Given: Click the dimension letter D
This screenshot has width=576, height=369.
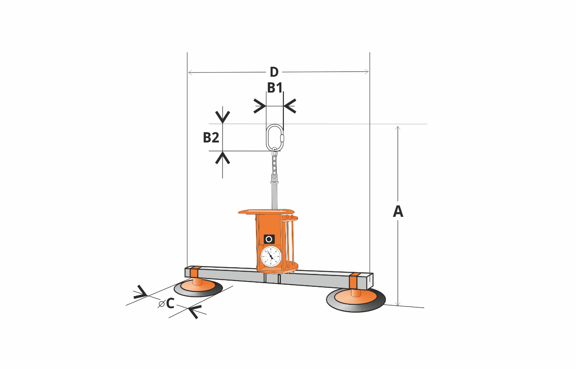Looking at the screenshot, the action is pyautogui.click(x=274, y=72).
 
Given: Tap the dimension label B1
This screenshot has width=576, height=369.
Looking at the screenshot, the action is pyautogui.click(x=275, y=88).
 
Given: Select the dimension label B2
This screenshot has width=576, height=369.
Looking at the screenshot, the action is pyautogui.click(x=211, y=138).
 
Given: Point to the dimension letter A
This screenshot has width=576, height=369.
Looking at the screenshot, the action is pyautogui.click(x=398, y=211).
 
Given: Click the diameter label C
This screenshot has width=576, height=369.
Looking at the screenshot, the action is pyautogui.click(x=167, y=304).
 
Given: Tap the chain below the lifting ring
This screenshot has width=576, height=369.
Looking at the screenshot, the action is pyautogui.click(x=274, y=162).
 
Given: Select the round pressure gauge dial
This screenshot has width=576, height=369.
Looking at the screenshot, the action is pyautogui.click(x=271, y=256).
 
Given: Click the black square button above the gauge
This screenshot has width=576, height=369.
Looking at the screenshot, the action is pyautogui.click(x=269, y=239).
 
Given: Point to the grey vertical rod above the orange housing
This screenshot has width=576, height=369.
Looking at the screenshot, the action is pyautogui.click(x=275, y=196).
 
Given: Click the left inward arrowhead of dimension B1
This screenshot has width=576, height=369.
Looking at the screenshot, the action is pyautogui.click(x=260, y=106).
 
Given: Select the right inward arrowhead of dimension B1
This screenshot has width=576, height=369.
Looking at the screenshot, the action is pyautogui.click(x=290, y=106).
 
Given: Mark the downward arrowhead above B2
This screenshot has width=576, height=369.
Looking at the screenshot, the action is pyautogui.click(x=223, y=117).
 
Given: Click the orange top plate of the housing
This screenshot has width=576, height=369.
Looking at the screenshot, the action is pyautogui.click(x=266, y=211).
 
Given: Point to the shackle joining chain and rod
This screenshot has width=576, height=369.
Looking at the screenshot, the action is pyautogui.click(x=275, y=178).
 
